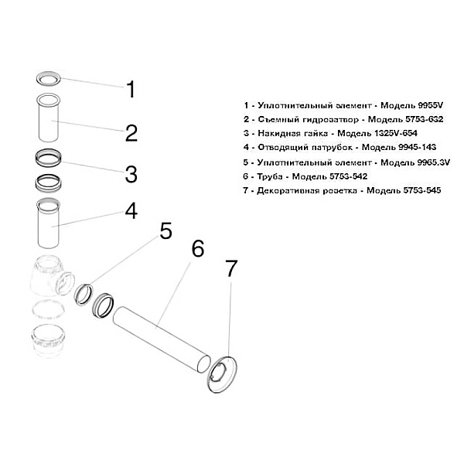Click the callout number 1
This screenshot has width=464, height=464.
[x=131, y=90]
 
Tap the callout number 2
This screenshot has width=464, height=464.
[x=131, y=132]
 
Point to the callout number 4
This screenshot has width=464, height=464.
[x=131, y=210]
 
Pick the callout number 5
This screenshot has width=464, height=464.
[x=165, y=231]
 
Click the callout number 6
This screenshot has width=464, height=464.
[x=197, y=250]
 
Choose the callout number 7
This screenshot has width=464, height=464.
[x=230, y=268]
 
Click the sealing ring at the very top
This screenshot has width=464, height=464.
[x=49, y=78]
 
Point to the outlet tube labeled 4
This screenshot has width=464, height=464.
[x=51, y=223]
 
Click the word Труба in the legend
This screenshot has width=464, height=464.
[x=265, y=177]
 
